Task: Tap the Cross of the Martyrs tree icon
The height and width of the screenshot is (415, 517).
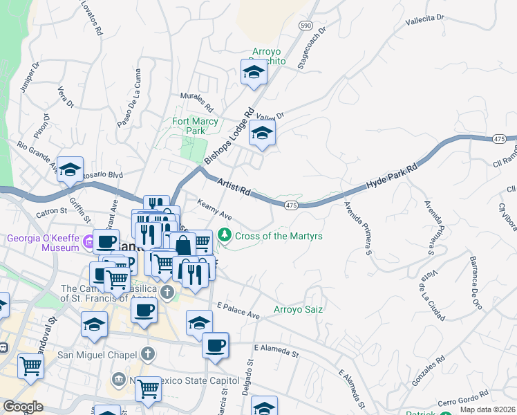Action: (x=225, y=236)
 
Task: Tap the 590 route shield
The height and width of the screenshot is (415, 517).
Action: (x=305, y=24)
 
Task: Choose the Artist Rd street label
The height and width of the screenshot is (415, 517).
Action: (x=232, y=187)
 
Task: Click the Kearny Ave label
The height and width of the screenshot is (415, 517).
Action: (x=214, y=210)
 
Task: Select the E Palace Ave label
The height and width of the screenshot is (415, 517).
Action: (x=238, y=311)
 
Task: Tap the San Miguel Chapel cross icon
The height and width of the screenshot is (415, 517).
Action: (x=147, y=354)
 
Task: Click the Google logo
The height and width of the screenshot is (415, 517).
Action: (x=23, y=407)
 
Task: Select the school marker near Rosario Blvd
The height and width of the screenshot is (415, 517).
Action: (x=70, y=169)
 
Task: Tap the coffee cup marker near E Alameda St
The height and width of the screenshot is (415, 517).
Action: (x=215, y=344)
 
